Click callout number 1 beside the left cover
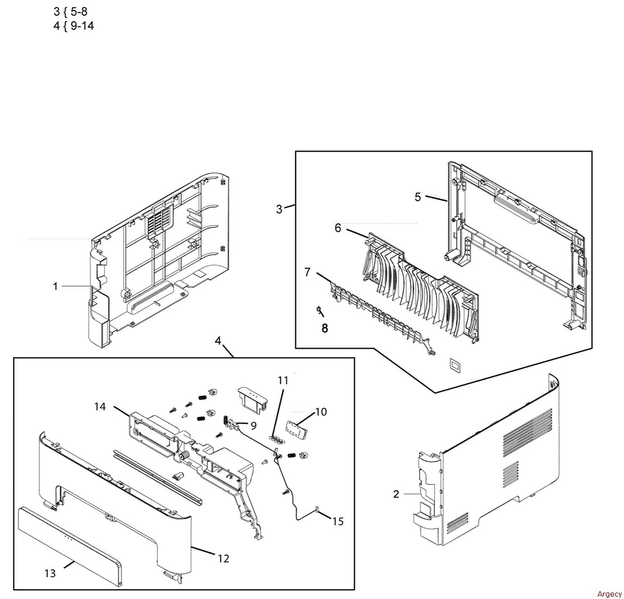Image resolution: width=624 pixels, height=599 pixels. pyautogui.click(x=55, y=286)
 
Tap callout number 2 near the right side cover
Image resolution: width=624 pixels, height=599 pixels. pyautogui.click(x=396, y=494)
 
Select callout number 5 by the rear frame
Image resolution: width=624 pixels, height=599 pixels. pyautogui.click(x=417, y=197)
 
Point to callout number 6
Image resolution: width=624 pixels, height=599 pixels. pyautogui.click(x=338, y=229)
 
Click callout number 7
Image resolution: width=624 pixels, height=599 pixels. pyautogui.click(x=308, y=273)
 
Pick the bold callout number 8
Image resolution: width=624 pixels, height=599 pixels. pyautogui.click(x=325, y=328)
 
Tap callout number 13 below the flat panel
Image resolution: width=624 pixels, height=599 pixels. pyautogui.click(x=50, y=573)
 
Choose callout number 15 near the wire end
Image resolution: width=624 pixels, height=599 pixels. pyautogui.click(x=338, y=521)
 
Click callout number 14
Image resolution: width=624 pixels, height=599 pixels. pyautogui.click(x=100, y=407)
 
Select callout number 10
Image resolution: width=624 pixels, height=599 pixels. pyautogui.click(x=321, y=412)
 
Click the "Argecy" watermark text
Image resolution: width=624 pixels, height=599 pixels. pyautogui.click(x=609, y=594)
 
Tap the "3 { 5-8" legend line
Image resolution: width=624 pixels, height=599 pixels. pyautogui.click(x=70, y=11)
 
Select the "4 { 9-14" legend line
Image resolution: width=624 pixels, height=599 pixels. pyautogui.click(x=74, y=26)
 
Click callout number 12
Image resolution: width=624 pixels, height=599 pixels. pyautogui.click(x=224, y=559)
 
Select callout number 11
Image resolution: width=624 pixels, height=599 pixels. pyautogui.click(x=283, y=380)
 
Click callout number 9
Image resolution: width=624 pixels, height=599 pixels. pyautogui.click(x=253, y=426)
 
